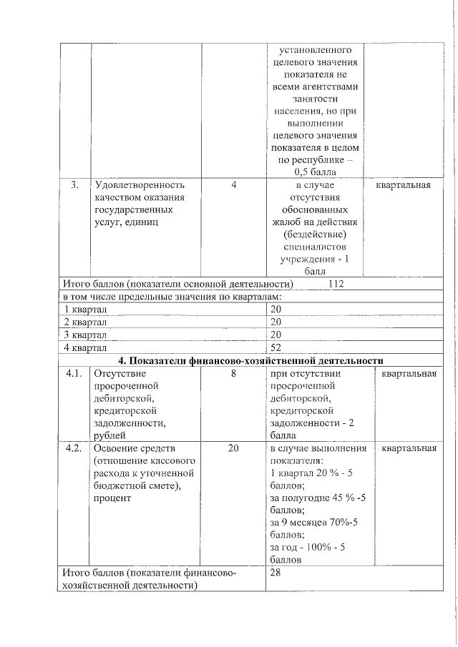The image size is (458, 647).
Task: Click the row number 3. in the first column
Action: (74, 185)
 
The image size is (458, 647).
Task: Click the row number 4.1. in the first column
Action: (74, 373)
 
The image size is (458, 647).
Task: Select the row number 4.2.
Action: (74, 448)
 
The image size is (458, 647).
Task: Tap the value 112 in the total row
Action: (336, 284)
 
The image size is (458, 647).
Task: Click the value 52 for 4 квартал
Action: (276, 347)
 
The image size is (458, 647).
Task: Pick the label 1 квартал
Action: (85, 309)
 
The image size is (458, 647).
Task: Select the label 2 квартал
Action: (85, 322)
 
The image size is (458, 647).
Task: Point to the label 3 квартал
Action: (85, 335)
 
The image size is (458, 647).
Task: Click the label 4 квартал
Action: (85, 347)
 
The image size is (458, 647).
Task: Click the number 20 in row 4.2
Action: (233, 448)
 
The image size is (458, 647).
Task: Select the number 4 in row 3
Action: (233, 185)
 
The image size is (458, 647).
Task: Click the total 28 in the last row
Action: (276, 573)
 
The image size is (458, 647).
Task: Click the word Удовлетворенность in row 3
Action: (140, 185)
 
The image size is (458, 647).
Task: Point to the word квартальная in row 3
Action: (404, 185)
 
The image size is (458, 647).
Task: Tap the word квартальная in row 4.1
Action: (409, 373)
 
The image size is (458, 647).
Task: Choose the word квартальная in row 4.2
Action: (409, 448)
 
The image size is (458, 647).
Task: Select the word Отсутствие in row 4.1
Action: (120, 373)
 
